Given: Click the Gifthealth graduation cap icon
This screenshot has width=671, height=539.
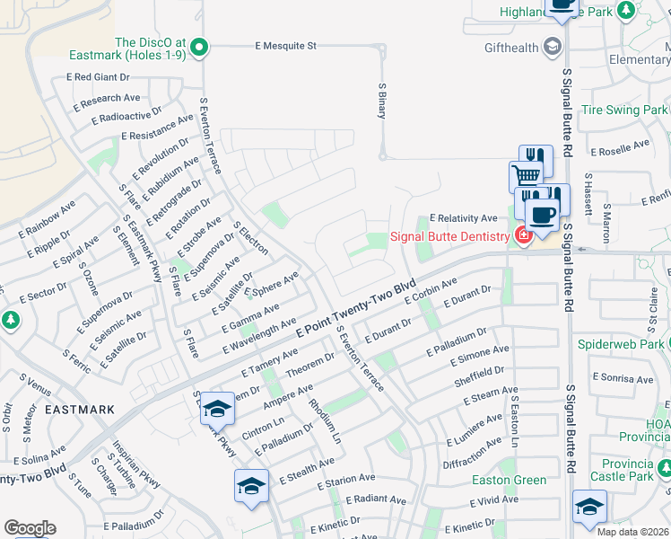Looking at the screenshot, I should [x=553, y=46].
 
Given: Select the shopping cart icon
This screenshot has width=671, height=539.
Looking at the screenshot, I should [x=526, y=174].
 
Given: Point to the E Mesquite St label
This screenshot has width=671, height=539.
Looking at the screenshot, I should [x=286, y=45].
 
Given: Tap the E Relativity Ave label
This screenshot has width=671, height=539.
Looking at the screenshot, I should [x=463, y=218].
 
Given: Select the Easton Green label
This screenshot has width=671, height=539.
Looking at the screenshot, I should [x=509, y=480].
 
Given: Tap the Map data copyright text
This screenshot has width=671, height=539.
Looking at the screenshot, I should [x=632, y=532].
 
